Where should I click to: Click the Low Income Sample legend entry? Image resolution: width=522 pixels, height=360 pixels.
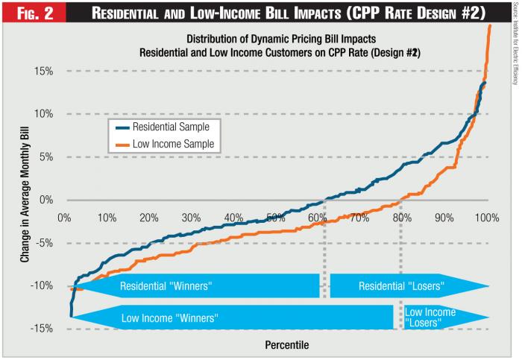tap(169, 143)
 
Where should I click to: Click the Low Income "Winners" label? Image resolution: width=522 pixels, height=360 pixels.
tap(169, 318)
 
